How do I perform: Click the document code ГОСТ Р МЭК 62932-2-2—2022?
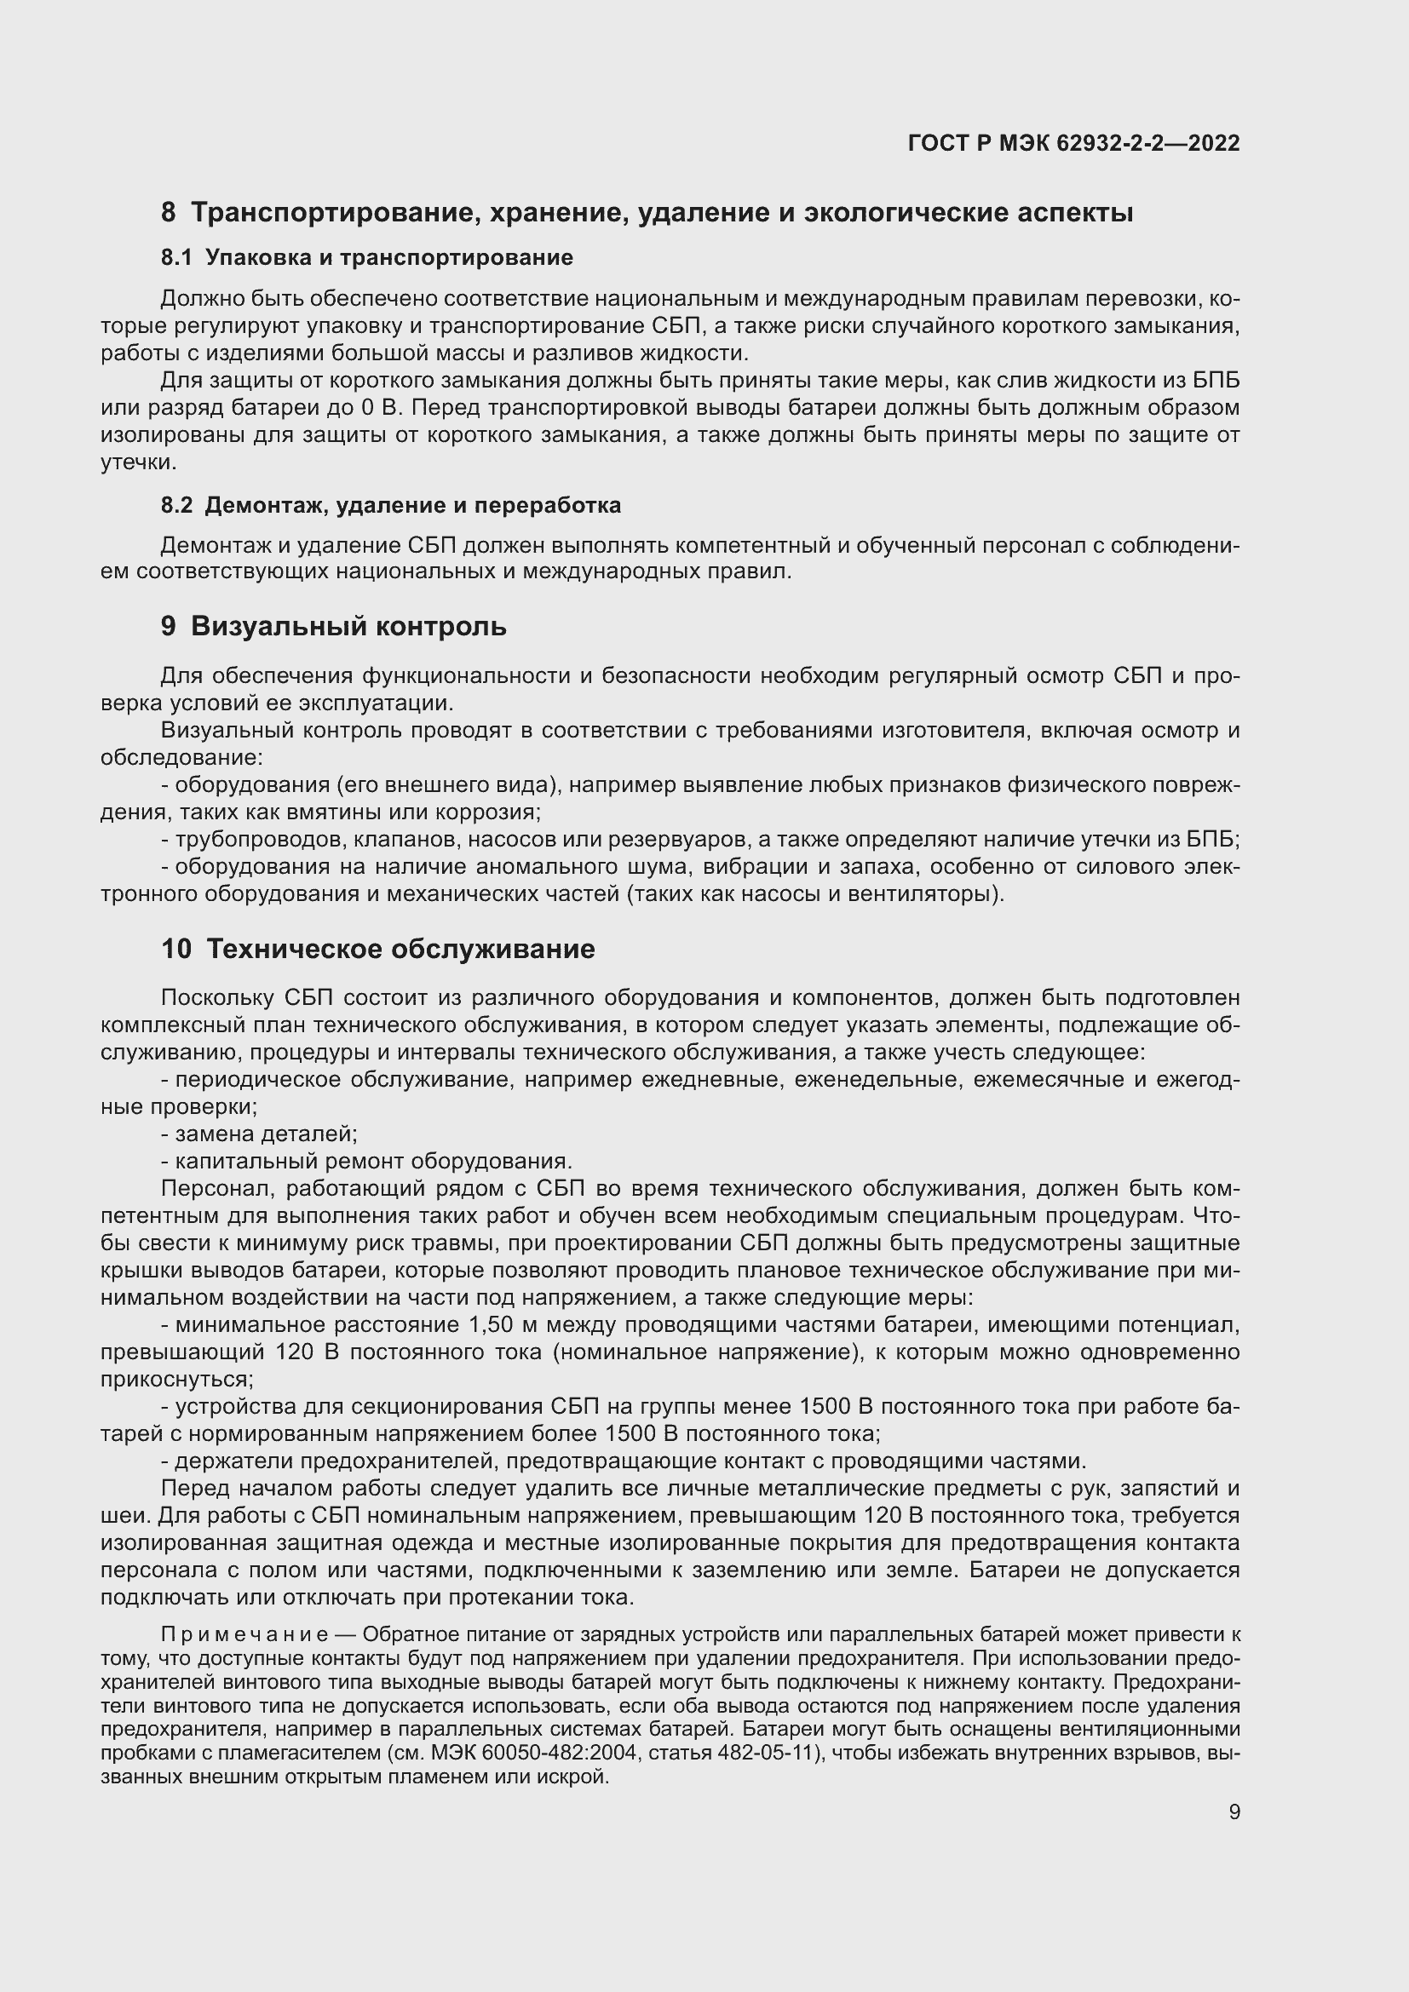(x=1073, y=143)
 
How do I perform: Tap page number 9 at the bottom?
(x=1234, y=1811)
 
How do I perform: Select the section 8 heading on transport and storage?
(x=647, y=213)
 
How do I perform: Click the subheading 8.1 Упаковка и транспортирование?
(x=366, y=258)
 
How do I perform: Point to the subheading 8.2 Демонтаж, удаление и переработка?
(x=390, y=505)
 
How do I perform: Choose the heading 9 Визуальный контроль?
(x=333, y=627)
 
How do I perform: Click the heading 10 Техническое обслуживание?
(x=377, y=949)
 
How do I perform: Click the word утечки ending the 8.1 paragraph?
(x=137, y=462)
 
